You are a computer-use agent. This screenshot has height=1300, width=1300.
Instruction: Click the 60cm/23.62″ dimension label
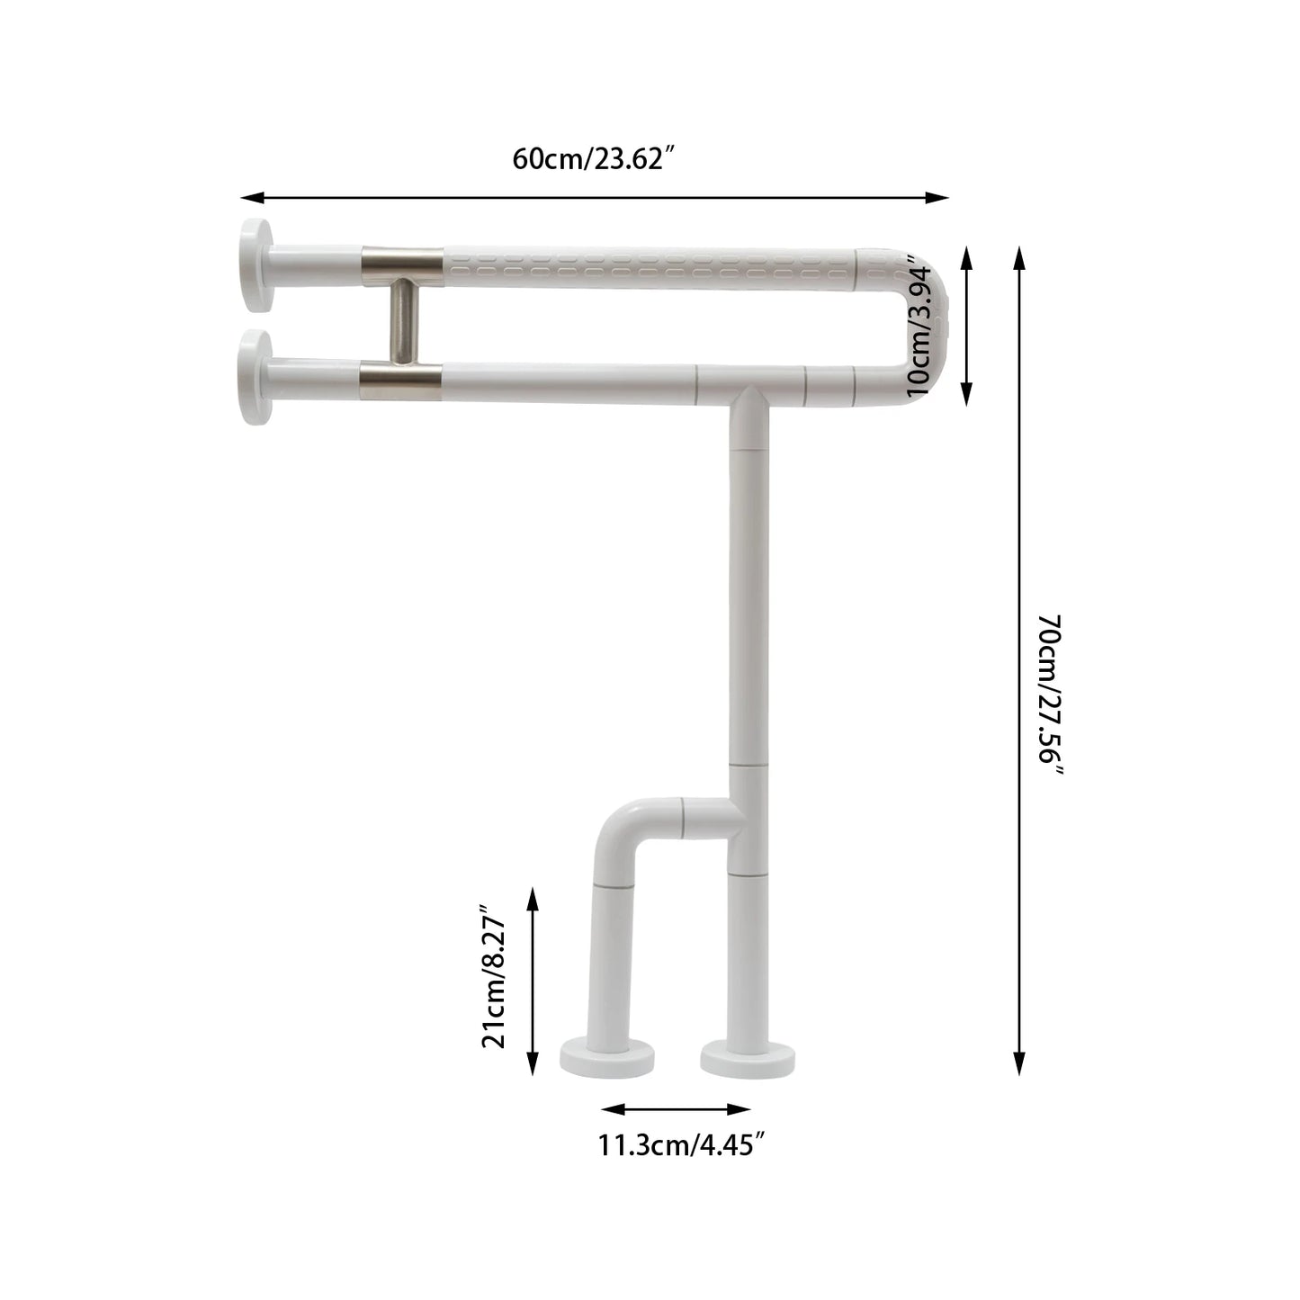(594, 159)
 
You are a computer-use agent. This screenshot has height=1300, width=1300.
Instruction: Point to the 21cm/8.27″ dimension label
(494, 977)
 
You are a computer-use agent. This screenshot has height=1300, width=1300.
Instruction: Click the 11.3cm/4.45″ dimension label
(682, 1145)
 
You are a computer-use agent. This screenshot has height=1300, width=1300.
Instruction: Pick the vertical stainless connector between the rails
(401, 321)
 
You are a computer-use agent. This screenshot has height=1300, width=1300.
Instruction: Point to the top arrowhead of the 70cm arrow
(1019, 258)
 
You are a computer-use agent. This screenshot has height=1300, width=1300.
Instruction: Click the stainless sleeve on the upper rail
(401, 262)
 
